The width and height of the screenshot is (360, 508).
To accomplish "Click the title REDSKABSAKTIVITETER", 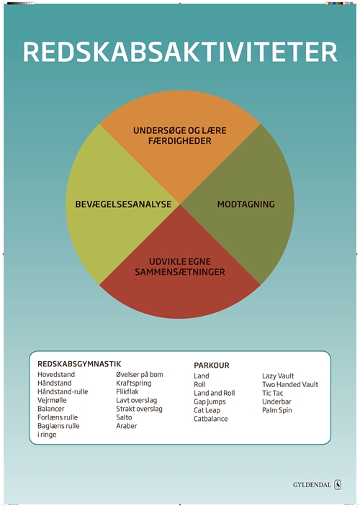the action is (180, 52).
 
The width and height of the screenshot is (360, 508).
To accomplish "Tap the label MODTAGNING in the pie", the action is (246, 204).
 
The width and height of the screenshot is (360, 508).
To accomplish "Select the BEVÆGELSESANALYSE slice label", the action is (123, 204).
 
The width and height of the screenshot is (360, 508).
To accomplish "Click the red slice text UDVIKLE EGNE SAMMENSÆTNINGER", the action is (180, 267).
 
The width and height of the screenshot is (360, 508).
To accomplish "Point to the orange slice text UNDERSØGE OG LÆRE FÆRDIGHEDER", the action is (180, 136).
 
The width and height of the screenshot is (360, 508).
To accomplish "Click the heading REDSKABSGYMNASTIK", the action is (79, 364).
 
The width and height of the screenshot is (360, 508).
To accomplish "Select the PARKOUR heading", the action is (212, 366).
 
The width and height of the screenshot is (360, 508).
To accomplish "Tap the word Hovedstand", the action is (56, 374).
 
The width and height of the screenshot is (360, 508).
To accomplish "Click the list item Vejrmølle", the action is (52, 400).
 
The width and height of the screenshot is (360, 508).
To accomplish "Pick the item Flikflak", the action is (127, 391).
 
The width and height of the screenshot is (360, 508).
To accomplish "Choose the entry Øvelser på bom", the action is (140, 375).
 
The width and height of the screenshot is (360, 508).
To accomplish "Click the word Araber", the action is (127, 426).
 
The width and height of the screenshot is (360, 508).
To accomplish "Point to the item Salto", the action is (124, 417).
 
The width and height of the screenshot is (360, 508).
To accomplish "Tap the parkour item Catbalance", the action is (211, 419).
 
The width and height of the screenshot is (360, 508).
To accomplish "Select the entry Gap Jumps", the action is (210, 402).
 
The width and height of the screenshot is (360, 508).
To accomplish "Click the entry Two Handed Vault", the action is (290, 384).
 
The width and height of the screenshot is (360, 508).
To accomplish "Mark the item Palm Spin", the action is (277, 410).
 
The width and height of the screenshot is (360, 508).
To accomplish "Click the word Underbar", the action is (276, 402).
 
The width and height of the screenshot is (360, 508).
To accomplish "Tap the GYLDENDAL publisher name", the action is (312, 485).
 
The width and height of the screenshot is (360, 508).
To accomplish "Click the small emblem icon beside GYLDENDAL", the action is (338, 485).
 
